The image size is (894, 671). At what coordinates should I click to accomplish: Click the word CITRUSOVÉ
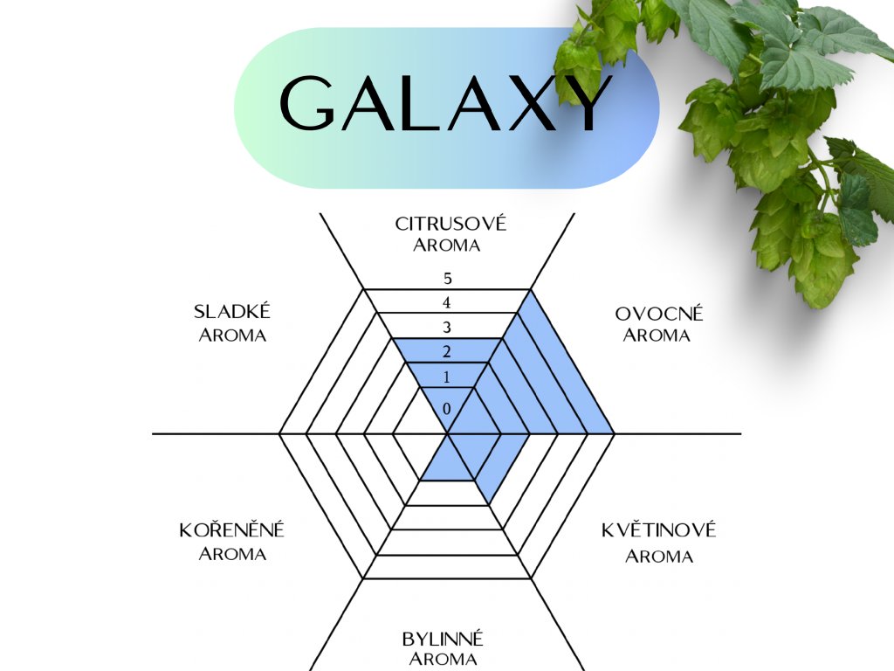(450, 224)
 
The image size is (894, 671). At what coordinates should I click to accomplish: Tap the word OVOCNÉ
(659, 314)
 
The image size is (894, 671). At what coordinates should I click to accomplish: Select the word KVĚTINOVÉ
(659, 530)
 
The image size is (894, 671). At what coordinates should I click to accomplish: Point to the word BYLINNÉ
(443, 639)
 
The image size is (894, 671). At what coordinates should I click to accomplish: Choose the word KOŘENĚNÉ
(232, 530)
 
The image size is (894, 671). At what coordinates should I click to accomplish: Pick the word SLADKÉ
(232, 312)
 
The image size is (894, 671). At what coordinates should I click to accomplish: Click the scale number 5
(447, 280)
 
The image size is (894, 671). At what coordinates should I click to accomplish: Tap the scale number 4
(447, 304)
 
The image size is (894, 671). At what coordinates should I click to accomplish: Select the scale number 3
(447, 329)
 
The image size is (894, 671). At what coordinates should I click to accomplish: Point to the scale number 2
(447, 353)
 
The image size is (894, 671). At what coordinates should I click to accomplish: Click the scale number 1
(447, 377)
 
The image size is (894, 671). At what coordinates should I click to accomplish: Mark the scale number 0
(447, 409)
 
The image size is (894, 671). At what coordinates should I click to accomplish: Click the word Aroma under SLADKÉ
(232, 335)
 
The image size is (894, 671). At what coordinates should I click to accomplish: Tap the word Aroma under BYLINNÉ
(443, 660)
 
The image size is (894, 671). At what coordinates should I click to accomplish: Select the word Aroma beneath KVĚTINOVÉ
(659, 557)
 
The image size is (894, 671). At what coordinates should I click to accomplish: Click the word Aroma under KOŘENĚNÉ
(232, 554)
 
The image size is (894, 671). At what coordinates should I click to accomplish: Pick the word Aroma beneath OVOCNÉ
(657, 335)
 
